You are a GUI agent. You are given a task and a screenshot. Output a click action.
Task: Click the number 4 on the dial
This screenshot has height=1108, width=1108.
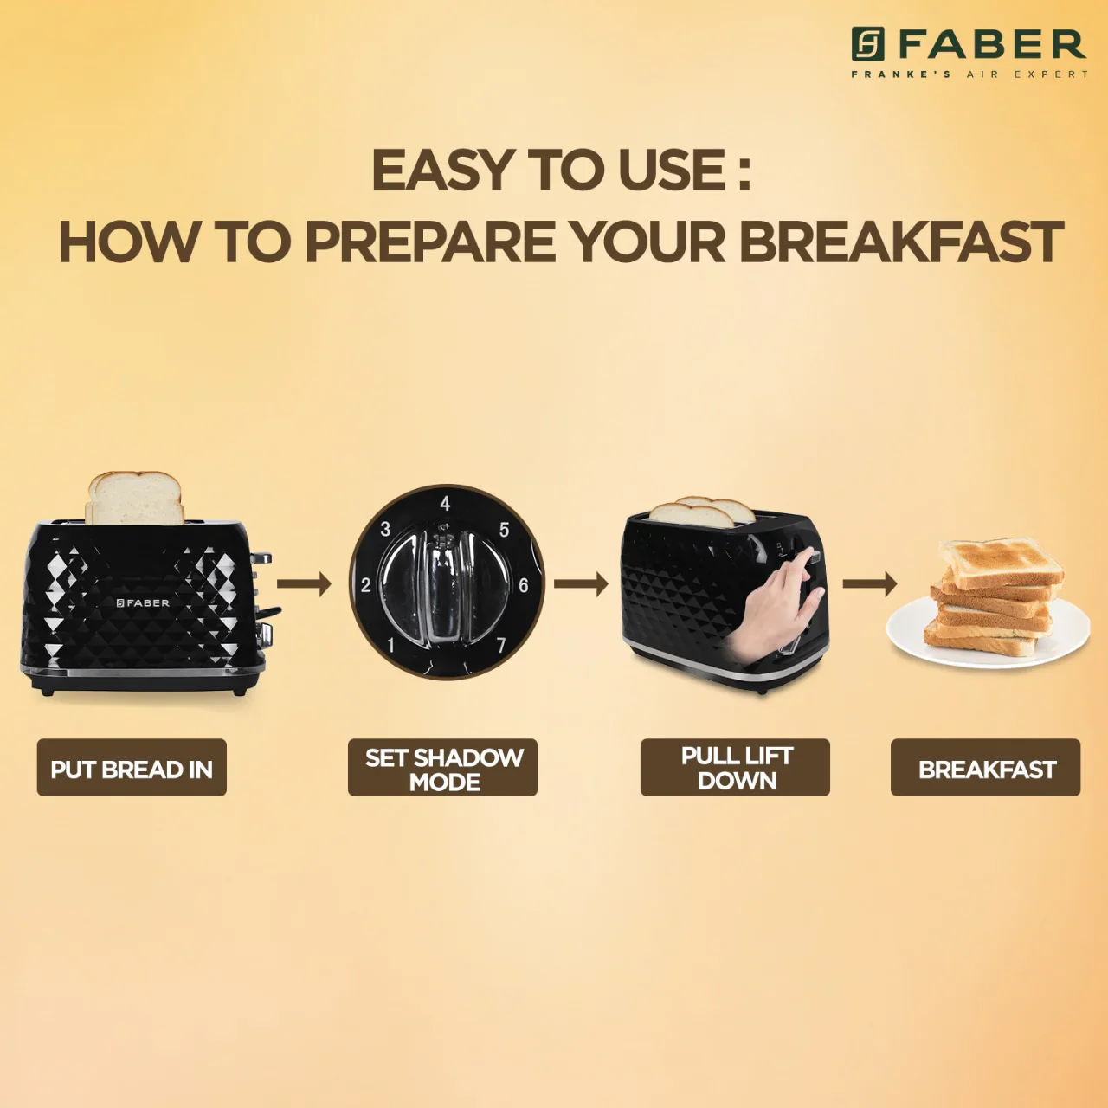(x=445, y=504)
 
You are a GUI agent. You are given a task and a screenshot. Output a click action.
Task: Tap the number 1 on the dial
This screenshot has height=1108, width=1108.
(x=391, y=646)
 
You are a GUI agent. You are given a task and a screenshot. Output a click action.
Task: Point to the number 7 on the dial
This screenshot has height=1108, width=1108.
(x=501, y=646)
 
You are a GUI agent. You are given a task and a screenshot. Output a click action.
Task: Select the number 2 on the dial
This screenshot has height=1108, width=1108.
(x=365, y=585)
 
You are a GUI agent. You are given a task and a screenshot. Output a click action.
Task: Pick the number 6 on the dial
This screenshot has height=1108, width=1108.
(x=523, y=585)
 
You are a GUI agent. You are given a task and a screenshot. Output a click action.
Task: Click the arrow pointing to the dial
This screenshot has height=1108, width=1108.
(x=304, y=584)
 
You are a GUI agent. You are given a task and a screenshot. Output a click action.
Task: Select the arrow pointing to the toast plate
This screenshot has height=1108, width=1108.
(x=869, y=584)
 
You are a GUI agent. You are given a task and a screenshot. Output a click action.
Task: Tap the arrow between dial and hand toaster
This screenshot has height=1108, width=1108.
(x=581, y=584)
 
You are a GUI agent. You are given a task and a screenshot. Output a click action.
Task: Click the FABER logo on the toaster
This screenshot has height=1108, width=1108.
(x=143, y=602)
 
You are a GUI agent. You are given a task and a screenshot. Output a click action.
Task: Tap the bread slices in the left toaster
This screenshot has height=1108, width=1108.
(x=135, y=498)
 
